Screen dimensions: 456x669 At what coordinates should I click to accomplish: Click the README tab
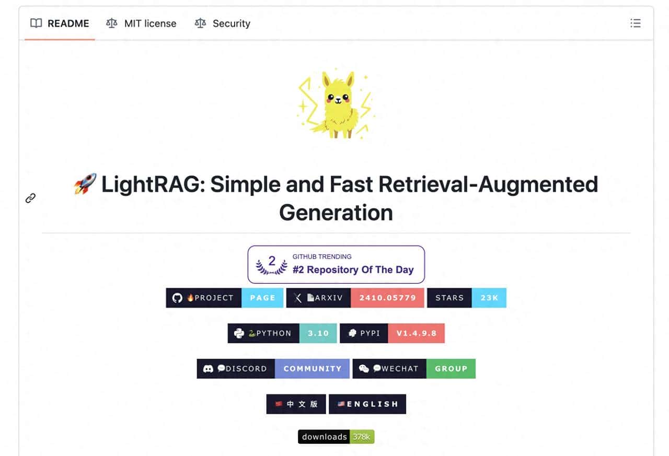[x=60, y=24]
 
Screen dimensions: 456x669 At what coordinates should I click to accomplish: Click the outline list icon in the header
[x=635, y=24]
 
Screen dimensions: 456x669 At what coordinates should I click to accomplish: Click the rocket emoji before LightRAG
[x=85, y=184]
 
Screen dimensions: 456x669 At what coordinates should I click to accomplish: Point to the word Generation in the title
[x=336, y=213]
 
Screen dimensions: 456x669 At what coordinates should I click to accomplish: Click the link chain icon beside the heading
[x=31, y=198]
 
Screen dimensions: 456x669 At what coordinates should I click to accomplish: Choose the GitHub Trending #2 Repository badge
[x=336, y=264]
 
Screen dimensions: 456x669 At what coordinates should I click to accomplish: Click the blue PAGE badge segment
[x=262, y=298]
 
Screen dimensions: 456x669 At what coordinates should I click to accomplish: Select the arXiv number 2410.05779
[x=387, y=298]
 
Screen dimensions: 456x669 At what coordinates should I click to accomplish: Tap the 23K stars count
[x=489, y=298]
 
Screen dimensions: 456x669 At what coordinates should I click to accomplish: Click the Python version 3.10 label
[x=318, y=333]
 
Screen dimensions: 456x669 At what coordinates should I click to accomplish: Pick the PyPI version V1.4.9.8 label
[x=416, y=333]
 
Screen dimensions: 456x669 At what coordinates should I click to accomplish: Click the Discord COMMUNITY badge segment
[x=312, y=368]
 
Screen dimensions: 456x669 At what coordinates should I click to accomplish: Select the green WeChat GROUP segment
[x=451, y=368]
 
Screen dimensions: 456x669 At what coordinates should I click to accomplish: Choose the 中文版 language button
[x=296, y=404]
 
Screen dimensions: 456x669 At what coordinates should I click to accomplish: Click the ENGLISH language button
[x=367, y=404]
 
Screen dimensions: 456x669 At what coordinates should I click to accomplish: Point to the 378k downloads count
[x=362, y=437]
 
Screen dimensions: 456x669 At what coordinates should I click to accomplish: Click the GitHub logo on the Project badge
[x=178, y=298]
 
